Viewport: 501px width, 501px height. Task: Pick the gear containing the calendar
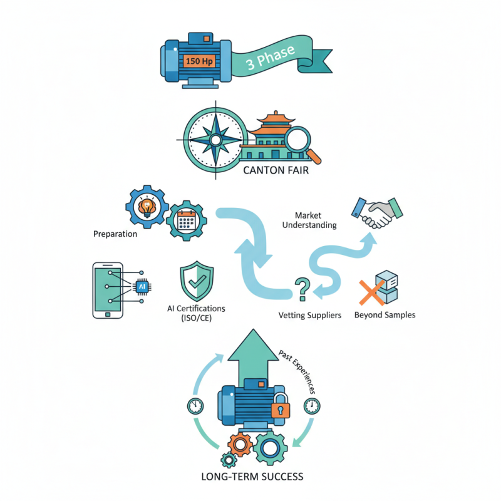(185, 220)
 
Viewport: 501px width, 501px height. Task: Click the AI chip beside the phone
(142, 286)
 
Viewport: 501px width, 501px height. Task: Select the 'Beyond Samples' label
(385, 314)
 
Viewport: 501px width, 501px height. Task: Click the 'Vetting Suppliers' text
(310, 314)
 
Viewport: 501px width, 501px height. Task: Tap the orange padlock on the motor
(280, 408)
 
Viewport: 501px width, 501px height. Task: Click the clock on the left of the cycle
(195, 405)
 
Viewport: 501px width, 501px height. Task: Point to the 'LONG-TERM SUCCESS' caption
(252, 477)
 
